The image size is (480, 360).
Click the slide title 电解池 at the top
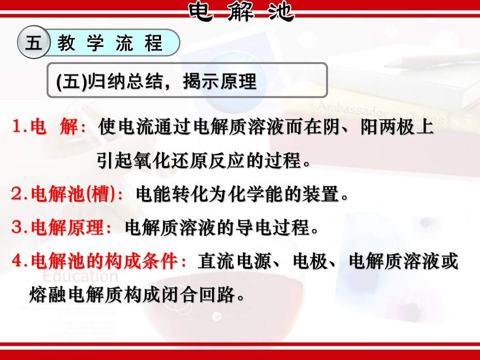241,12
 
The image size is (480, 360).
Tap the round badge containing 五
34,42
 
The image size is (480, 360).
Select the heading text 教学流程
109,42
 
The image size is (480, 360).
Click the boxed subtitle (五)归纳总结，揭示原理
156,81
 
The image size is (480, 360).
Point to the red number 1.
18,126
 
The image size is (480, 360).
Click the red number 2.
16,194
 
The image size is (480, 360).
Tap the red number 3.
16,227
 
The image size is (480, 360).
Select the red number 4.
17,261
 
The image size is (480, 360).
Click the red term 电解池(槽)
73,194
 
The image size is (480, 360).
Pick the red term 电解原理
67,227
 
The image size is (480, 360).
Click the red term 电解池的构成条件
104,261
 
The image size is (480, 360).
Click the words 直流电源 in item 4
234,261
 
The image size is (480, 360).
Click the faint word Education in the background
80,276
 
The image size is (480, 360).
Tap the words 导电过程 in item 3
273,227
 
